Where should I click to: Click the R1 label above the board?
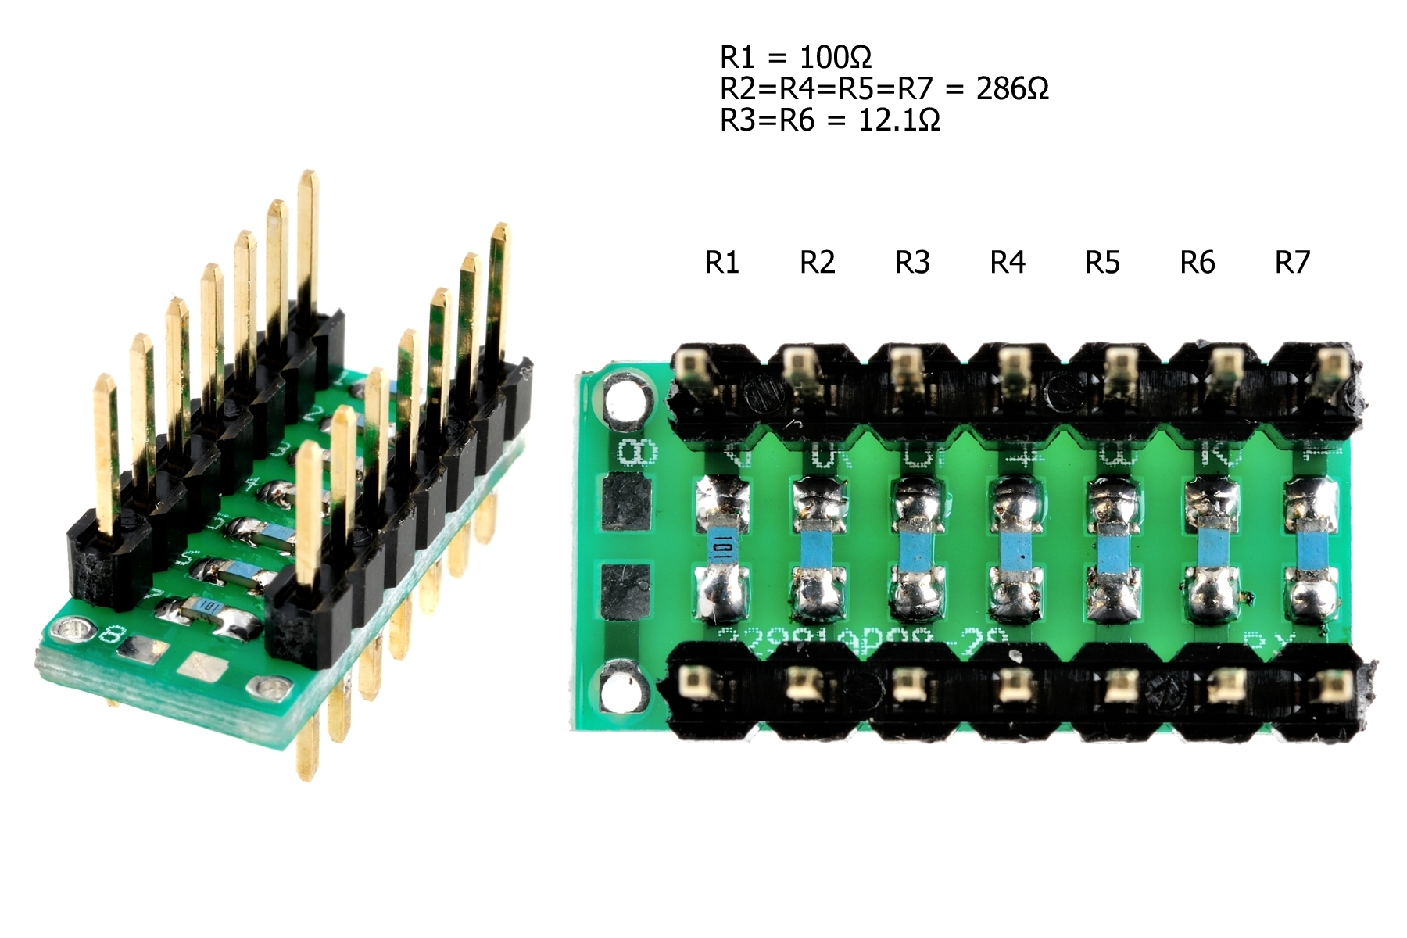(721, 263)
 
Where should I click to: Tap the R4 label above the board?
(1007, 263)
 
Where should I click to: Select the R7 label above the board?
(1291, 263)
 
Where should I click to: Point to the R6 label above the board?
(1197, 263)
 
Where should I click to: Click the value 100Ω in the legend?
(835, 57)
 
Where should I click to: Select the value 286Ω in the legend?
(1012, 89)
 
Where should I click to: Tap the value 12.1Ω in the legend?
(899, 120)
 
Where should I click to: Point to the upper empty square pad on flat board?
(627, 501)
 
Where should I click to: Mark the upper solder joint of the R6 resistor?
(1210, 498)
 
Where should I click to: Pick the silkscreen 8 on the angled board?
(109, 635)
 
